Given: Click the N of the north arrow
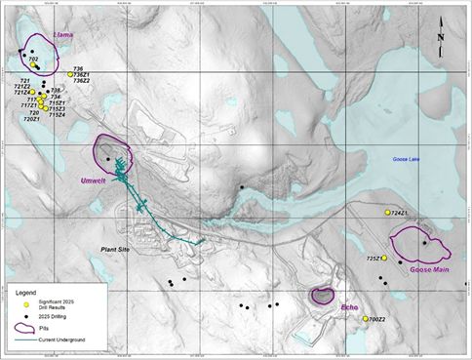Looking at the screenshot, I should [442, 38].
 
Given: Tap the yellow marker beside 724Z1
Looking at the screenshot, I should [388, 213].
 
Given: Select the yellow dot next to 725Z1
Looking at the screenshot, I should [384, 259].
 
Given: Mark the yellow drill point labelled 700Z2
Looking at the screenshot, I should [365, 319].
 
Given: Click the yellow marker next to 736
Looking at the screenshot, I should [70, 74].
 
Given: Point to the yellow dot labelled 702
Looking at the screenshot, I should [26, 59].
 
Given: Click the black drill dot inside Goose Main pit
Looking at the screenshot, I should [424, 243].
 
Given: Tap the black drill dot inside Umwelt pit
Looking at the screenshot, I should [108, 158].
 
